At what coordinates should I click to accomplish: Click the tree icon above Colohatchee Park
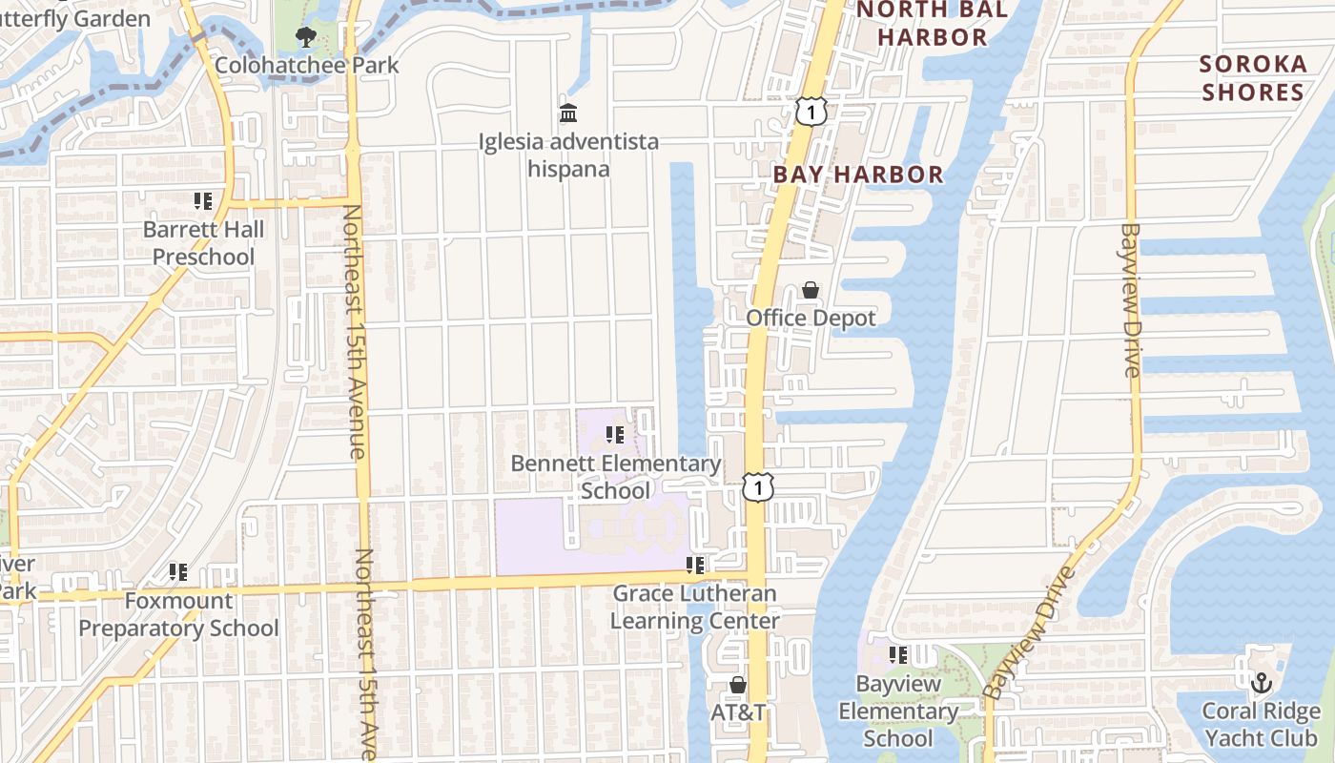305,38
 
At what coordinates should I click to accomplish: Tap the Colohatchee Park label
307,66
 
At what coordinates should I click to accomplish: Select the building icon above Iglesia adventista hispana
568,114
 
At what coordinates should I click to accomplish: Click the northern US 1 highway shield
810,113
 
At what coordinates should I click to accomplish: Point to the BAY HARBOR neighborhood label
858,175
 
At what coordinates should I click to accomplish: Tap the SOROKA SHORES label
1252,78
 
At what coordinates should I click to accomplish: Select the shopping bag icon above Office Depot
811,290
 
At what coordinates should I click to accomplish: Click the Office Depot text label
811,318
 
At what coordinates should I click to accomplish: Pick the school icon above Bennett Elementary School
615,436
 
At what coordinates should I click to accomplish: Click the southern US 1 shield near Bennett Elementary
757,488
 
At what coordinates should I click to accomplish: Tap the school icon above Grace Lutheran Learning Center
695,566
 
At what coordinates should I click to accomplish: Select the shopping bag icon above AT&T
737,685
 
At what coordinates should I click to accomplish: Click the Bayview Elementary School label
897,711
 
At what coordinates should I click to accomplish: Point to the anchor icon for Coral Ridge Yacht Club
1262,683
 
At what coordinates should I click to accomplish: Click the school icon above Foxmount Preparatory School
178,572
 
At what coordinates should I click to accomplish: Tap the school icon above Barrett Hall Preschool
203,201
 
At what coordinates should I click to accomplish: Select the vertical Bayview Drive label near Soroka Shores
1131,300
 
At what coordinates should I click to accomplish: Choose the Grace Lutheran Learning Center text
694,608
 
